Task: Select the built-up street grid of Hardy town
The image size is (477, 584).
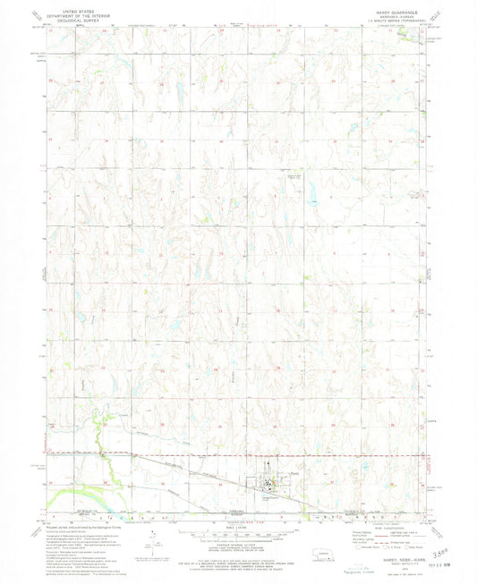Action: point(268,484)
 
